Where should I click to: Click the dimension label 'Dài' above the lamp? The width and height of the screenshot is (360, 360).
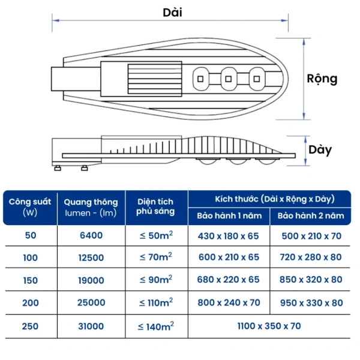pyautogui.click(x=172, y=13)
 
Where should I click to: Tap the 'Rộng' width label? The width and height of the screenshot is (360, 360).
pyautogui.click(x=322, y=79)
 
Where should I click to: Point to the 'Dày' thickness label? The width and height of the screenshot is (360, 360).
pyautogui.click(x=320, y=150)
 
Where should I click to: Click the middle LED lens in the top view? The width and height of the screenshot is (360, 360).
pyautogui.click(x=229, y=79)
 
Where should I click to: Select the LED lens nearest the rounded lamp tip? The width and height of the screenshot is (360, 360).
pyautogui.click(x=257, y=79)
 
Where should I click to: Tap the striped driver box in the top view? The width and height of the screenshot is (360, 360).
pyautogui.click(x=155, y=79)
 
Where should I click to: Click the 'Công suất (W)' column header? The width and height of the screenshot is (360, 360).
pyautogui.click(x=30, y=207)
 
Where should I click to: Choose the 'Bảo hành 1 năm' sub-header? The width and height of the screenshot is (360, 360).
pyautogui.click(x=229, y=216)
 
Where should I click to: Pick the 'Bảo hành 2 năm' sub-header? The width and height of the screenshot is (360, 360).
pyautogui.click(x=311, y=216)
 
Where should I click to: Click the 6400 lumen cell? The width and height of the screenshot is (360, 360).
pyautogui.click(x=91, y=235)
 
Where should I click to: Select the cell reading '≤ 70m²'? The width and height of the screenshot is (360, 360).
pyautogui.click(x=156, y=257)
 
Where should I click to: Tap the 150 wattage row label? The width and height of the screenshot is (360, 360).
pyautogui.click(x=31, y=280)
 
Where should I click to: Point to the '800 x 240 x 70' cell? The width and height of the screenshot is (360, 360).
pyautogui.click(x=229, y=302)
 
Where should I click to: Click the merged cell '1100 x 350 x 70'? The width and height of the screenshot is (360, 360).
pyautogui.click(x=269, y=326)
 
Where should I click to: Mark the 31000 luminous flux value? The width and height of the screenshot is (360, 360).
pyautogui.click(x=91, y=326)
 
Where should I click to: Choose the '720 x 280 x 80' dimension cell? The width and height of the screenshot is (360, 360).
pyautogui.click(x=311, y=257)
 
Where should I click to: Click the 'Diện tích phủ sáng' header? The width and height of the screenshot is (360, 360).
pyautogui.click(x=155, y=206)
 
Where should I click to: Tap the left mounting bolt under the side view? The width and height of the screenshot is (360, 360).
pyautogui.click(x=58, y=168)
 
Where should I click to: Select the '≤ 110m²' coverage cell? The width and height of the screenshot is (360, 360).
pyautogui.click(x=156, y=302)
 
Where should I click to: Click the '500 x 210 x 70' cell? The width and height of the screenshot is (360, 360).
pyautogui.click(x=311, y=236)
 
